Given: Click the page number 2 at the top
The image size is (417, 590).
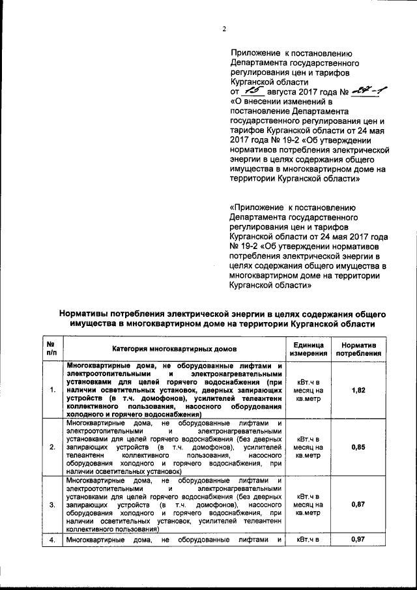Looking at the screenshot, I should coord(223,29).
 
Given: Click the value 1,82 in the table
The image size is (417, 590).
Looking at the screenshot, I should coord(358,390).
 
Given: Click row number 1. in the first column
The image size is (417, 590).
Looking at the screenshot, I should coord(51,390).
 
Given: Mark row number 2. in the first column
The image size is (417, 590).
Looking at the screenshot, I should coord(51,447).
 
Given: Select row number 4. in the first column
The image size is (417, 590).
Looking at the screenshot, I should coord(51,540).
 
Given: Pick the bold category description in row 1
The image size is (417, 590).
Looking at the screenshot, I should coord(173,390).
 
